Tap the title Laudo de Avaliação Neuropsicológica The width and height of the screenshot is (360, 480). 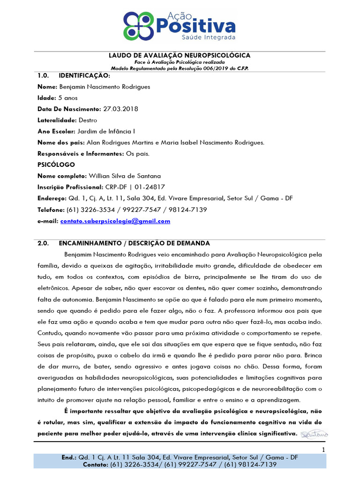pos(180,55)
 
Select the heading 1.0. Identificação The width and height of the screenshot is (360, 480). pos(74,75)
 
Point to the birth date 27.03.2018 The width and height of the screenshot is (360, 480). pos(121,109)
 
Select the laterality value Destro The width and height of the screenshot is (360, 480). pos(88,120)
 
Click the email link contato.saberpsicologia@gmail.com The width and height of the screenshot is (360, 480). pos(115,221)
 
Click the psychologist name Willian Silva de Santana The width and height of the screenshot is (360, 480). pos(125,176)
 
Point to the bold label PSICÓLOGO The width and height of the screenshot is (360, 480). pos(56,165)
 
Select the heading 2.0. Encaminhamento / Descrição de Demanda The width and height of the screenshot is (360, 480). pos(124,243)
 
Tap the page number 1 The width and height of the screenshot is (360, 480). pos(323,450)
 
